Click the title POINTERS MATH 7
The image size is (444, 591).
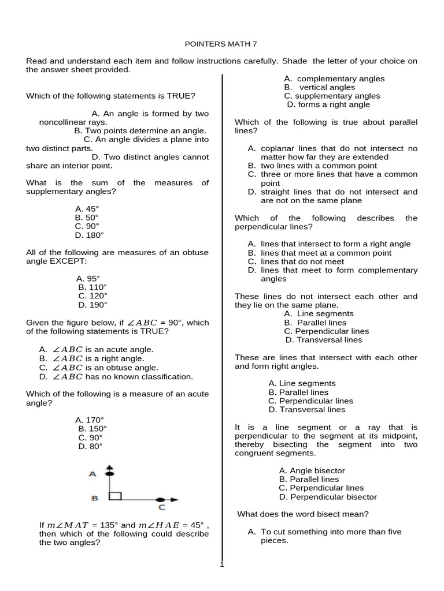(221, 43)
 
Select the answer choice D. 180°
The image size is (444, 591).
(90, 235)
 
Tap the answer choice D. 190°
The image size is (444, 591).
(92, 305)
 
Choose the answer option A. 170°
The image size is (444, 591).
(90, 420)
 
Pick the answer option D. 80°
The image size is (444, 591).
(90, 446)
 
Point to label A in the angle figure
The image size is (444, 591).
(92, 474)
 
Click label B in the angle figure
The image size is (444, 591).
(94, 498)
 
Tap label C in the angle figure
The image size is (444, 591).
(162, 507)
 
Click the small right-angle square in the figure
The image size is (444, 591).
(115, 496)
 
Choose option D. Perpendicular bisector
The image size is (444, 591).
(327, 497)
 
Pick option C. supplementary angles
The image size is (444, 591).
(332, 96)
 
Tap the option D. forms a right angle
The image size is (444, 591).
(328, 104)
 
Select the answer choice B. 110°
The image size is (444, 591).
(92, 287)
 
